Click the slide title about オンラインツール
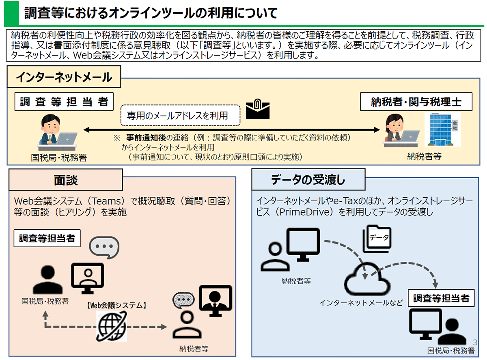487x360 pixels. pyautogui.click(x=150, y=13)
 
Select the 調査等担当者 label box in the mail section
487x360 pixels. pyautogui.click(x=64, y=102)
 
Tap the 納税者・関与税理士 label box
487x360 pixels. pyautogui.click(x=416, y=102)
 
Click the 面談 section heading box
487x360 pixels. pyautogui.click(x=65, y=180)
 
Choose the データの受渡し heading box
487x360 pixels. pyautogui.click(x=308, y=180)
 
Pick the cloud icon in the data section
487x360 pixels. pyautogui.click(x=366, y=278)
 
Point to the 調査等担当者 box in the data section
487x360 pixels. pyautogui.click(x=441, y=298)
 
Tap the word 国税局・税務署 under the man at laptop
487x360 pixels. pyautogui.click(x=59, y=157)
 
